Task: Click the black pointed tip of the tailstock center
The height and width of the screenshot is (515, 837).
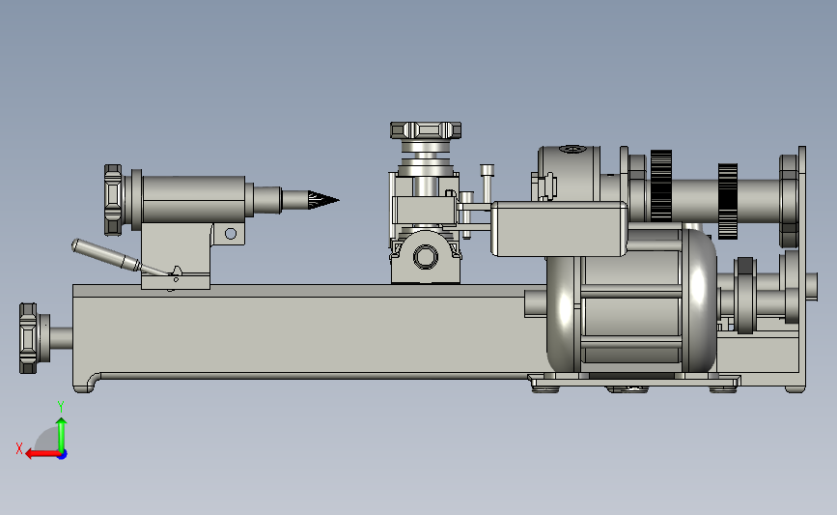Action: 322,200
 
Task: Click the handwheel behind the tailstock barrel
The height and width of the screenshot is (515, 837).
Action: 113,200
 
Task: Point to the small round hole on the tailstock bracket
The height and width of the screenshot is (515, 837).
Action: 231,234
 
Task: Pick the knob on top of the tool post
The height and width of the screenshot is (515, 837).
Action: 426,130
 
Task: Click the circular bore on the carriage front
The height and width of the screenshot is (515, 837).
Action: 426,256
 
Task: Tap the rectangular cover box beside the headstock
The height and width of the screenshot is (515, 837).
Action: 559,229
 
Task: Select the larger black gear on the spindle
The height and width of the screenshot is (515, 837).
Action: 661,186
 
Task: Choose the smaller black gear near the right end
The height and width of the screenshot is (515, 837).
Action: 728,201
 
